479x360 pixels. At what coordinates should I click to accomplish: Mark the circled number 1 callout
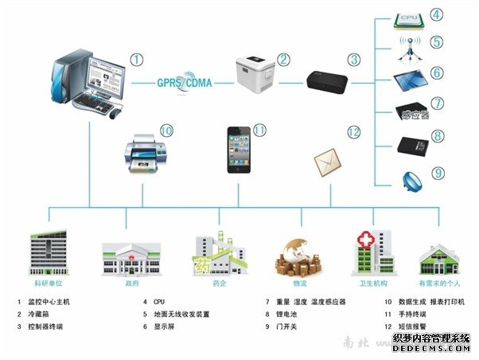tap(138, 58)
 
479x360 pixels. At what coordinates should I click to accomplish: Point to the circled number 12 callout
tap(353, 132)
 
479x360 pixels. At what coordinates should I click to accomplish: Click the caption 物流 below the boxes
tap(300, 283)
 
